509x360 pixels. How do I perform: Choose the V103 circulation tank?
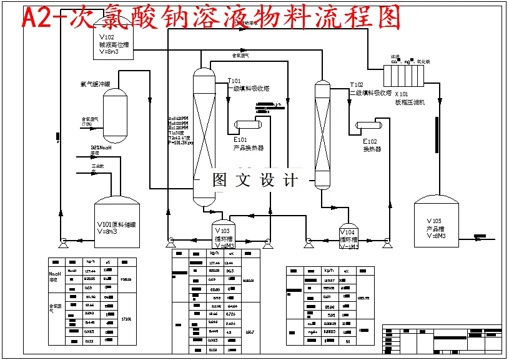pyautogui.click(x=225, y=234)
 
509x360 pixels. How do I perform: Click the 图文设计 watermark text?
pyautogui.click(x=255, y=181)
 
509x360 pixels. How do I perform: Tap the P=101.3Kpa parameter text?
pyautogui.click(x=181, y=142)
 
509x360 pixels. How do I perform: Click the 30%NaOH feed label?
pyautogui.click(x=101, y=148)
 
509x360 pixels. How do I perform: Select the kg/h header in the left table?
pyautogui.click(x=91, y=262)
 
